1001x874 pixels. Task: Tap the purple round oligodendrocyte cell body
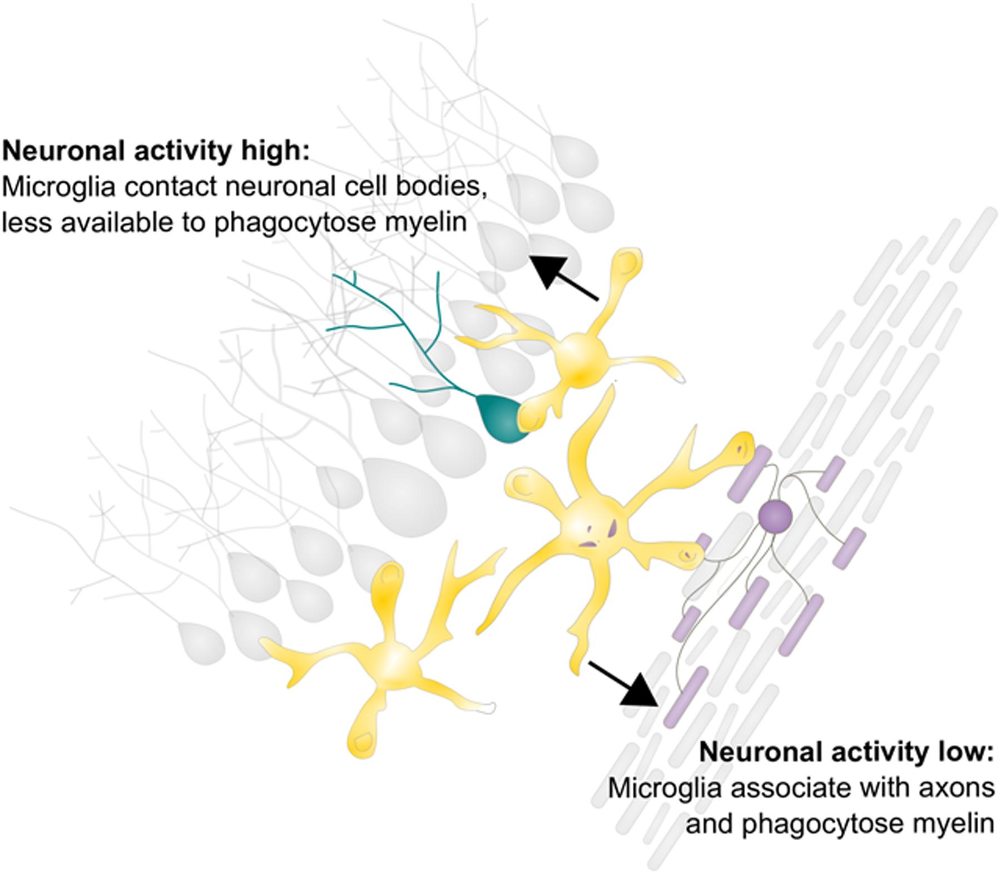(x=775, y=515)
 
